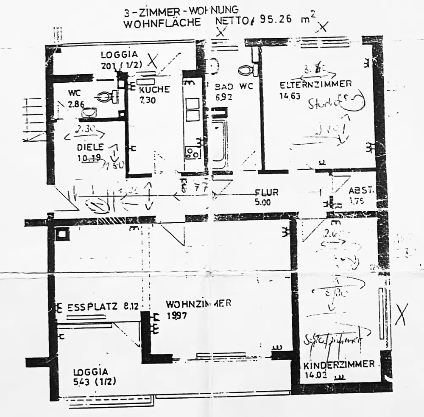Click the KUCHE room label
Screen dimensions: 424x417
[154, 90]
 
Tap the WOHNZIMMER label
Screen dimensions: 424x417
[198, 304]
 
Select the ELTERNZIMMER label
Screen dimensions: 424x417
[315, 84]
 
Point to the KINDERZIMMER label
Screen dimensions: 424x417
[339, 364]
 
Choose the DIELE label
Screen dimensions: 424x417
[90, 147]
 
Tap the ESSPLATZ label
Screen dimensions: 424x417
[92, 307]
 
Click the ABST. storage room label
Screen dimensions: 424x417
[361, 191]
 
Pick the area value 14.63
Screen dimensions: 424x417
[290, 96]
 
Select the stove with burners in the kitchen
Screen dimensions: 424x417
[193, 152]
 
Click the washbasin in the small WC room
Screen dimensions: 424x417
[89, 112]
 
